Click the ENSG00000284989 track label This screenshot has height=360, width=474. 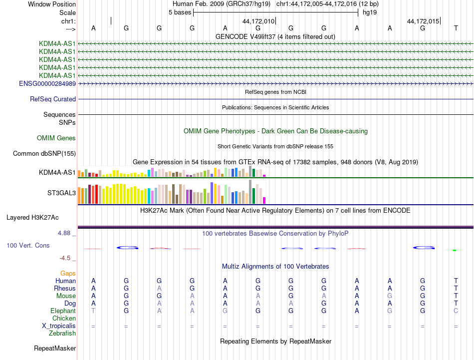point(47,83)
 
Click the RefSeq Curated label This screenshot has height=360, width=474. point(53,99)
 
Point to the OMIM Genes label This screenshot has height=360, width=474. point(56,138)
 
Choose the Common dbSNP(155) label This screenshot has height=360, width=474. point(44,154)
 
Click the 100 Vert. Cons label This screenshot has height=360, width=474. point(28,246)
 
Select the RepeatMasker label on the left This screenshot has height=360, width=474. point(55,348)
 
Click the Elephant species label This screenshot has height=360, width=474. point(63,311)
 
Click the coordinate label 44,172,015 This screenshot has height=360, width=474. point(423,21)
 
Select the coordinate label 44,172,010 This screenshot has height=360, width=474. point(258,21)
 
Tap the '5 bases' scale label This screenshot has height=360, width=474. point(180,12)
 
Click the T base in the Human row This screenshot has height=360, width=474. point(456,281)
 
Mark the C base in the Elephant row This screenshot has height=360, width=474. point(456,311)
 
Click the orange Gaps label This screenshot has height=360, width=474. point(68,273)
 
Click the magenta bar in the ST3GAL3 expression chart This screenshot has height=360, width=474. point(264,200)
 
